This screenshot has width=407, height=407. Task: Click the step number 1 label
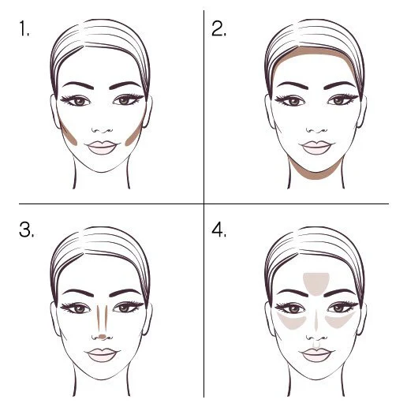tap(24, 28)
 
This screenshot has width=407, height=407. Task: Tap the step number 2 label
tap(218, 28)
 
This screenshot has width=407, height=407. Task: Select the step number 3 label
tap(27, 230)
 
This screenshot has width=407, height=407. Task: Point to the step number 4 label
tap(218, 230)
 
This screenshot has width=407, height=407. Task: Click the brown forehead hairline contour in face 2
tap(315, 50)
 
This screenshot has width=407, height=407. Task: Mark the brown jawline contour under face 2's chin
tap(316, 175)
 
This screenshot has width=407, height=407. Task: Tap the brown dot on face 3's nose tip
tap(103, 336)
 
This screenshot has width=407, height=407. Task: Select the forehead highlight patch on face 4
tap(316, 284)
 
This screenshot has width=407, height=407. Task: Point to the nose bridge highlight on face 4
tap(316, 320)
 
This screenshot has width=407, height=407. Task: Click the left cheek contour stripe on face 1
tap(68, 133)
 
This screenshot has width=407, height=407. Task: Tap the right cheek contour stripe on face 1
tap(136, 133)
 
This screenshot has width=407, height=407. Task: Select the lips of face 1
tap(102, 147)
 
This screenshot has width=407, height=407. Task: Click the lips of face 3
tap(102, 355)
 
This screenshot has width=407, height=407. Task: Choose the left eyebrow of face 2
tap(293, 85)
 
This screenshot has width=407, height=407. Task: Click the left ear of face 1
tap(54, 111)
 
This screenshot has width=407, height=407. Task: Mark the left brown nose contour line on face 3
tap(99, 319)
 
